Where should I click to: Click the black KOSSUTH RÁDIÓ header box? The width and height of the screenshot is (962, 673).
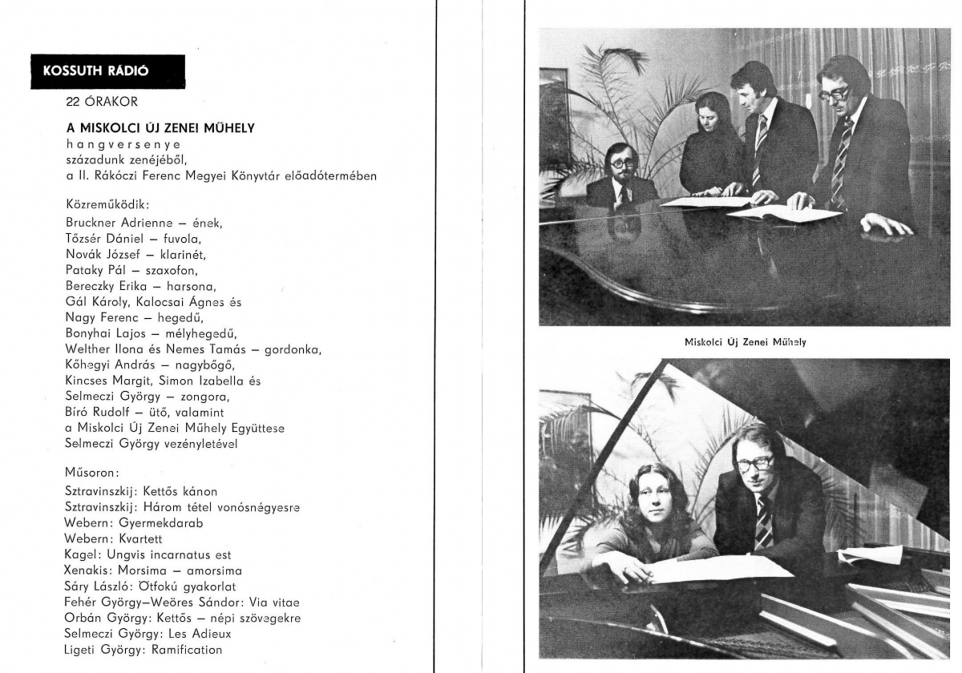tap(107, 71)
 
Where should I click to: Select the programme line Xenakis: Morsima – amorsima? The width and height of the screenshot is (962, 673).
tap(153, 570)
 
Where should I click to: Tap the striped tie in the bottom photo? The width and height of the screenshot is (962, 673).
tap(763, 522)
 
